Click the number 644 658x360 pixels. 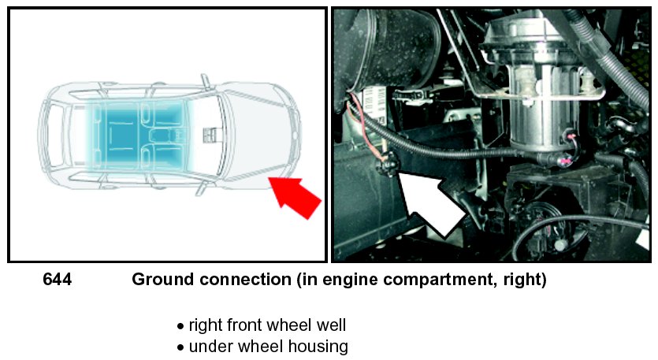click(57, 280)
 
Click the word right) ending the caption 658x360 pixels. click(520, 280)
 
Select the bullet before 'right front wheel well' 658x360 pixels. click(180, 326)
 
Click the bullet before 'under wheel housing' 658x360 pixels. click(180, 347)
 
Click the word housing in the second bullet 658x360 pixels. click(318, 347)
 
